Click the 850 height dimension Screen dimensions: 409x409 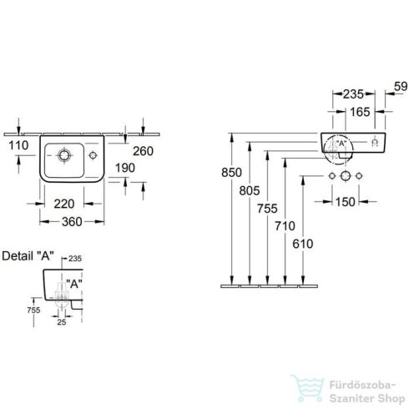coord(231,173)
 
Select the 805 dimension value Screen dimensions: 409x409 coord(250,190)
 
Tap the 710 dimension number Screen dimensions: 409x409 coord(285,226)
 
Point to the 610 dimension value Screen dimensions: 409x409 coord(303,244)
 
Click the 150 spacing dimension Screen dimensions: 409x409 coord(346,202)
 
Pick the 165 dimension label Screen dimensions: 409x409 coord(360,112)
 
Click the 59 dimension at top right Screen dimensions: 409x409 coord(401,87)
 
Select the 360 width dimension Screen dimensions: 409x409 coord(72,222)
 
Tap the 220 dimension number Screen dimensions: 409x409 coord(64,204)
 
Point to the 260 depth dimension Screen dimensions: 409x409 coord(143,151)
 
